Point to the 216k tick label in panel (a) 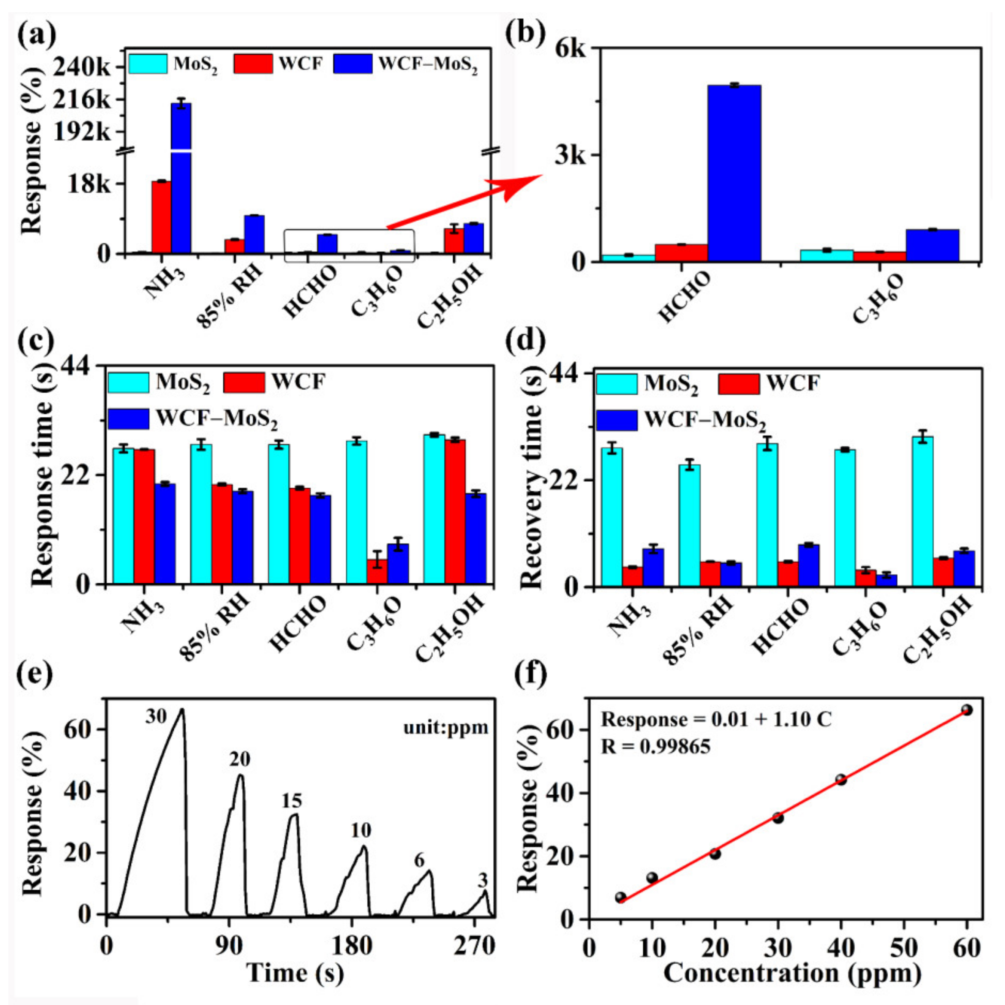(x=82, y=100)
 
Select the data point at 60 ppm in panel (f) (x=967, y=710)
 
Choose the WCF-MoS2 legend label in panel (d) (x=705, y=419)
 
